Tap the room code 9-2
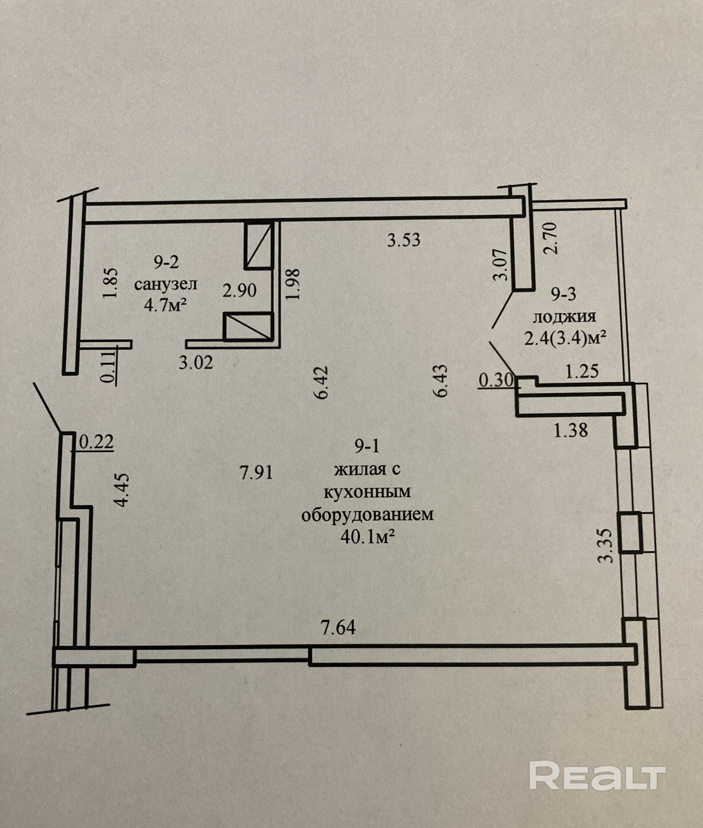[x=167, y=262]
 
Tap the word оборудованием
[x=367, y=515]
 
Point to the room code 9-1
[x=367, y=447]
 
